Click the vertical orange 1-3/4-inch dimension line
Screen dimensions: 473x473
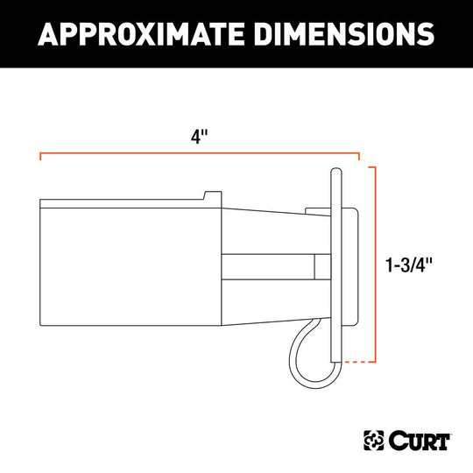tap(377, 263)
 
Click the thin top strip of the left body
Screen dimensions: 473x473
tap(123, 204)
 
